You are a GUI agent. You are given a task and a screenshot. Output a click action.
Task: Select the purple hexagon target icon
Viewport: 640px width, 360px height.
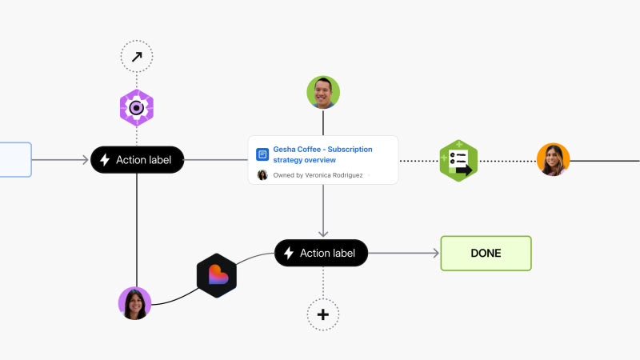tap(137, 108)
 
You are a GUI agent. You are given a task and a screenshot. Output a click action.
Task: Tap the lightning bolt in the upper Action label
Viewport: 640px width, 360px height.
tap(105, 160)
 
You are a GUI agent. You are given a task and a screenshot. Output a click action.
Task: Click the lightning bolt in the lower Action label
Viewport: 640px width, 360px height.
tap(289, 253)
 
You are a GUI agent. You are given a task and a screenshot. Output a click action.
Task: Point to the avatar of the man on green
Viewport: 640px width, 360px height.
tap(323, 92)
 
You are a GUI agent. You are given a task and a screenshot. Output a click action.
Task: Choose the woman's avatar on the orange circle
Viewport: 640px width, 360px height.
tap(553, 159)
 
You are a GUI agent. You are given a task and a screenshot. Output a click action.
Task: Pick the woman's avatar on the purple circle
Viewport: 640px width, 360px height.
tap(134, 303)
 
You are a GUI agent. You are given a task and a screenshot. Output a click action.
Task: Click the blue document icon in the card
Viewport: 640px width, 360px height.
tap(262, 154)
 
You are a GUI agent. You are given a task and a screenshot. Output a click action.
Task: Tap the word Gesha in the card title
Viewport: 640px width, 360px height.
tap(285, 150)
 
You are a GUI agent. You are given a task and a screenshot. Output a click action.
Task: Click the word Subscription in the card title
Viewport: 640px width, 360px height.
tap(350, 150)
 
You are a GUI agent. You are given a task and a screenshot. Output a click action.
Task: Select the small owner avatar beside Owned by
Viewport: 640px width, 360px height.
tap(262, 175)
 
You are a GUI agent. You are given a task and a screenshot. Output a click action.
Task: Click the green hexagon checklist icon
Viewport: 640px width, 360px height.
tap(458, 161)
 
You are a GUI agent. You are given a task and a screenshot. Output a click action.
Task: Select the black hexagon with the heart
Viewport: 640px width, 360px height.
tap(217, 275)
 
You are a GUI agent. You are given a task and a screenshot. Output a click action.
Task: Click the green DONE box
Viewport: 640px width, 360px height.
tap(486, 253)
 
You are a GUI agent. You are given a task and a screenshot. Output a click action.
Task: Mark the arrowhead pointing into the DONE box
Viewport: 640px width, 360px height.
tap(436, 253)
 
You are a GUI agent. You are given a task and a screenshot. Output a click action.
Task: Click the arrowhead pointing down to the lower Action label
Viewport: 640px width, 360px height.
tap(323, 234)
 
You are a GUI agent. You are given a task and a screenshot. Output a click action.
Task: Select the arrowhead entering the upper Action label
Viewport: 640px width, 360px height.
tap(86, 160)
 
